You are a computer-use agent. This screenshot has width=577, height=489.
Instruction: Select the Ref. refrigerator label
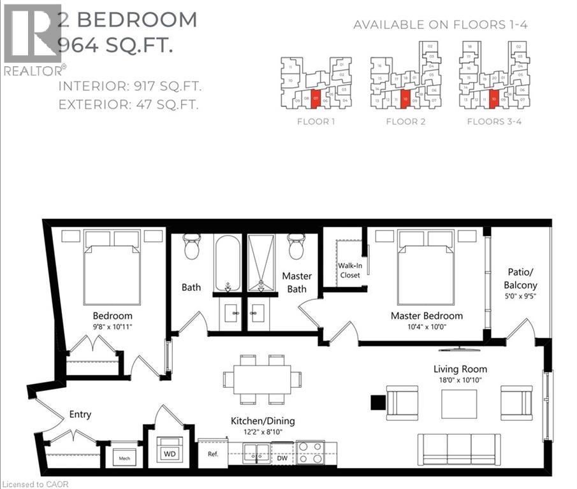coord(213,455)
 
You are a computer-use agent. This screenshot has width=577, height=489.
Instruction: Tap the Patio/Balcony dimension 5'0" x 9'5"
coord(520,296)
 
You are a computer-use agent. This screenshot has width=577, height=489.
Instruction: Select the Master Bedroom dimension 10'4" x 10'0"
coord(427,327)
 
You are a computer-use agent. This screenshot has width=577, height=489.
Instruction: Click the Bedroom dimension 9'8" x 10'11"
coord(112,327)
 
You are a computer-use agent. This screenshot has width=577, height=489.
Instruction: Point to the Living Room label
coord(460,369)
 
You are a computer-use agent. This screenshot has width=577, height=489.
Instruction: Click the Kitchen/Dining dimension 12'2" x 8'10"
coord(263,433)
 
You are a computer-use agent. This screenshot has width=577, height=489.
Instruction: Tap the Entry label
coord(80,415)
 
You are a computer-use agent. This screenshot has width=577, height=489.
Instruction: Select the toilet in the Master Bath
coord(296,247)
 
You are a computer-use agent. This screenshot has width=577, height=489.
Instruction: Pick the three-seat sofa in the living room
coord(458,449)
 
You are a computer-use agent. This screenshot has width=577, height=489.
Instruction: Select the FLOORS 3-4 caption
coord(494,122)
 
